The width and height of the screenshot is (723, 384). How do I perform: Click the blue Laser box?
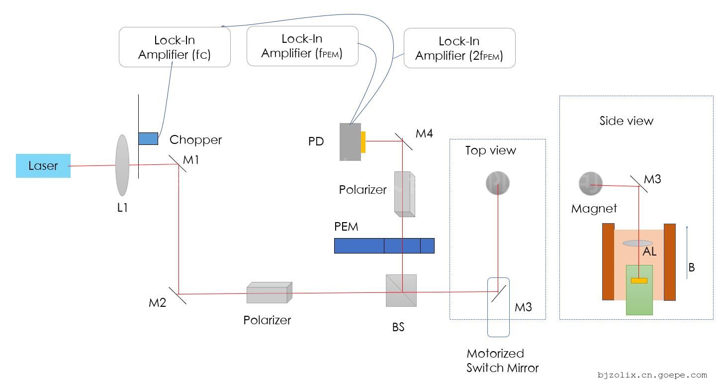pyautogui.click(x=43, y=166)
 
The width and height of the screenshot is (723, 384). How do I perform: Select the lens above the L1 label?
pyautogui.click(x=122, y=165)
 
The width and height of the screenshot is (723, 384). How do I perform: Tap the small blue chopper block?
pyautogui.click(x=148, y=138)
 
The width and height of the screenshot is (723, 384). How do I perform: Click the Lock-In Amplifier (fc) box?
pyautogui.click(x=175, y=47)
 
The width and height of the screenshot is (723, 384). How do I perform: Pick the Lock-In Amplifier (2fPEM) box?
pyautogui.click(x=459, y=48)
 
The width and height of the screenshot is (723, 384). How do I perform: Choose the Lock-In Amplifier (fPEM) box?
pyautogui.click(x=302, y=46)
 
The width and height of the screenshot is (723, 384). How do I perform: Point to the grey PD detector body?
pyautogui.click(x=350, y=142)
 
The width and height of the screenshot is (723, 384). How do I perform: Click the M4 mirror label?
pyautogui.click(x=424, y=133)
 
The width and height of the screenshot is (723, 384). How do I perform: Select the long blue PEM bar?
pyautogui.click(x=384, y=246)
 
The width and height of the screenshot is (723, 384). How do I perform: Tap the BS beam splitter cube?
pyautogui.click(x=401, y=290)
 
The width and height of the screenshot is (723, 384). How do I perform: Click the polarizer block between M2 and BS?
pyautogui.click(x=269, y=293)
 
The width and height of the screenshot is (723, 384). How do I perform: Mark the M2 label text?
pyautogui.click(x=157, y=302)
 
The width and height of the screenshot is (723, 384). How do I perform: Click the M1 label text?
pyautogui.click(x=191, y=160)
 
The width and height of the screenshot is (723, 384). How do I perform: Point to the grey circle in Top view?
pyautogui.click(x=497, y=183)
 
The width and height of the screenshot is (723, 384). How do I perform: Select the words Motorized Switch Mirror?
pyautogui.click(x=502, y=361)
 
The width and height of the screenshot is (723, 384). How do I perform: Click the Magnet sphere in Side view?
pyautogui.click(x=591, y=184)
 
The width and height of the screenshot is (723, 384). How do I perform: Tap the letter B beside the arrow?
pyautogui.click(x=691, y=267)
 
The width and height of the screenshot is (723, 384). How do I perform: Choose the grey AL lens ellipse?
pyautogui.click(x=637, y=243)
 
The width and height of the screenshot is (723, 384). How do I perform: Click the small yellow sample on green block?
pyautogui.click(x=639, y=280)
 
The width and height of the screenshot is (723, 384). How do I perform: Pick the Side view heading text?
pyautogui.click(x=626, y=121)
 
